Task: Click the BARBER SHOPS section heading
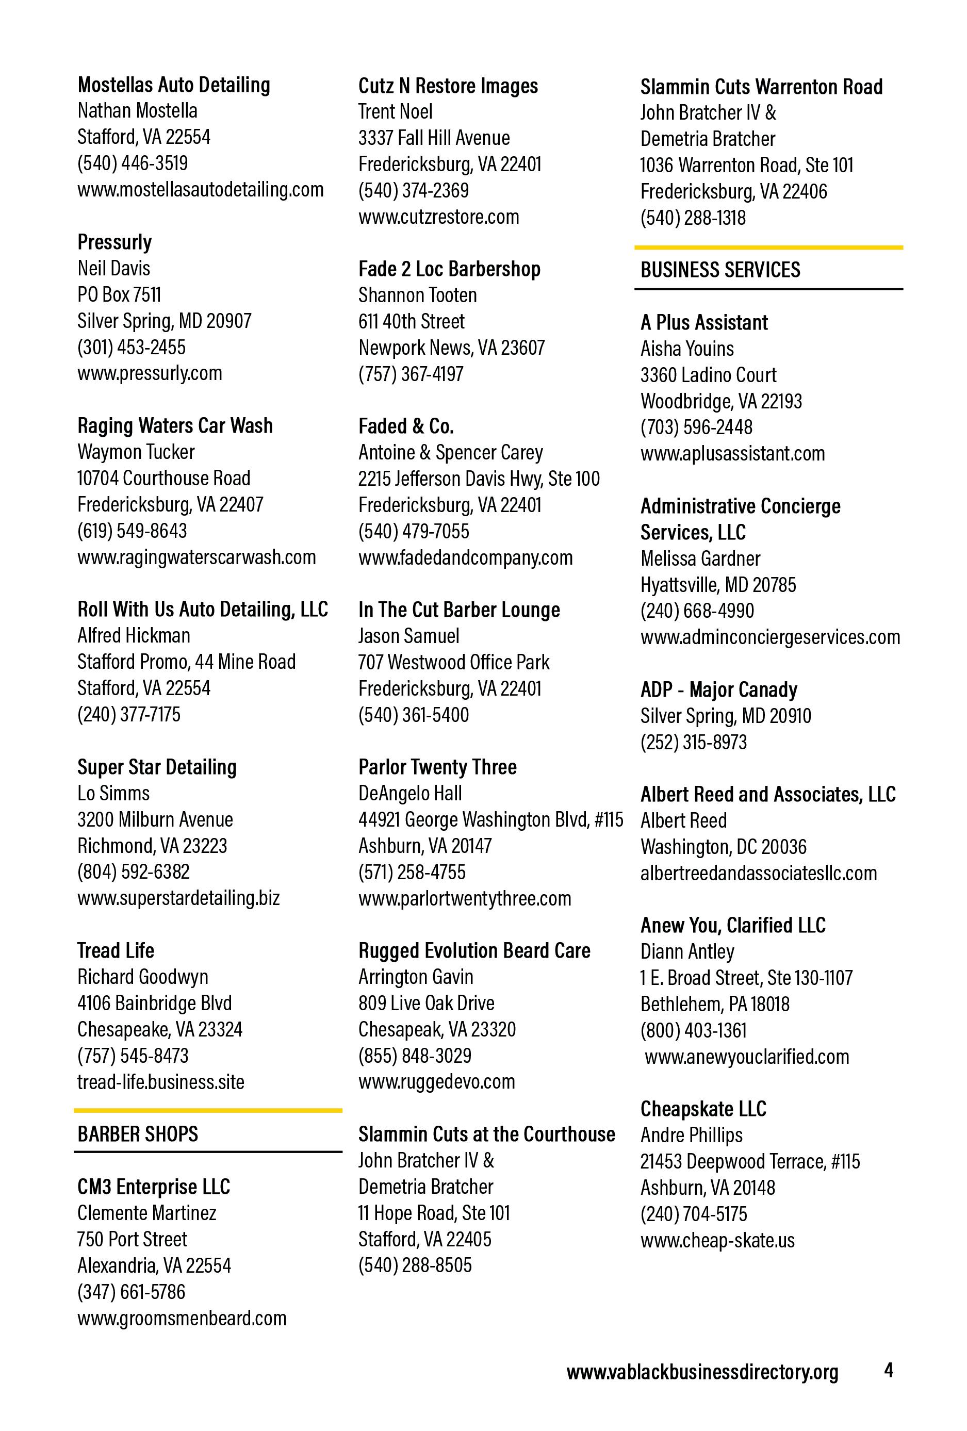pyautogui.click(x=137, y=1133)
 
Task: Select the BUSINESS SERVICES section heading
pyautogui.click(x=720, y=270)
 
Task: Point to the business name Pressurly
pyautogui.click(x=114, y=242)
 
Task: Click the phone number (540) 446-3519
pyautogui.click(x=133, y=163)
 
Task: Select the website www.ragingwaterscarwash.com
pyautogui.click(x=196, y=557)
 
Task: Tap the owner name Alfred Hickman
pyautogui.click(x=134, y=635)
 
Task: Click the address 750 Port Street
pyautogui.click(x=132, y=1239)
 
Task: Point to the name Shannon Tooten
pyautogui.click(x=418, y=295)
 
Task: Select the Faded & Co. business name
pyautogui.click(x=406, y=426)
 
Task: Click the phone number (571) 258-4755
pyautogui.click(x=412, y=872)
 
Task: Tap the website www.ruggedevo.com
pyautogui.click(x=437, y=1082)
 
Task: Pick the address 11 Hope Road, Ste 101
pyautogui.click(x=434, y=1213)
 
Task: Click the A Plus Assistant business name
pyautogui.click(x=704, y=323)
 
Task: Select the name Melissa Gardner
pyautogui.click(x=700, y=558)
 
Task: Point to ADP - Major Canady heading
pyautogui.click(x=719, y=689)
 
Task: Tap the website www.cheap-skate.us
pyautogui.click(x=717, y=1240)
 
